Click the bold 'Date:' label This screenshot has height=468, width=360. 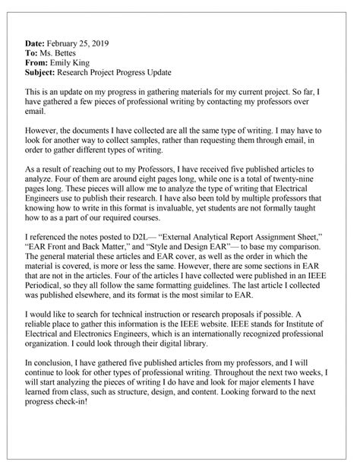pos(38,45)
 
